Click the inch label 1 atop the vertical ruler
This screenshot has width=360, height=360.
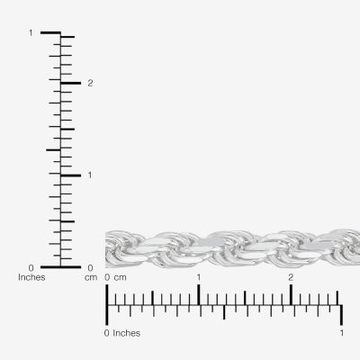click(31, 32)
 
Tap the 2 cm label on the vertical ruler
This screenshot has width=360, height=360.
click(90, 83)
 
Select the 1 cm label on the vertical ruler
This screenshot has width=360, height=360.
click(90, 175)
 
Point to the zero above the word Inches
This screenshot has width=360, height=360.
click(31, 267)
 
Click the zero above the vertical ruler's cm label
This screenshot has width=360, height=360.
click(90, 267)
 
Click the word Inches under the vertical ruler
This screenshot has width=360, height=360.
click(31, 277)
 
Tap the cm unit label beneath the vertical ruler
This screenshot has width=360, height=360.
click(91, 278)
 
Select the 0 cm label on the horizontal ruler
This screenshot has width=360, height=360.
click(115, 277)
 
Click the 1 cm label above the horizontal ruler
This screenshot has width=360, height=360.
click(199, 277)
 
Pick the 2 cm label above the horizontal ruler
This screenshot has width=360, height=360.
click(291, 277)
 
